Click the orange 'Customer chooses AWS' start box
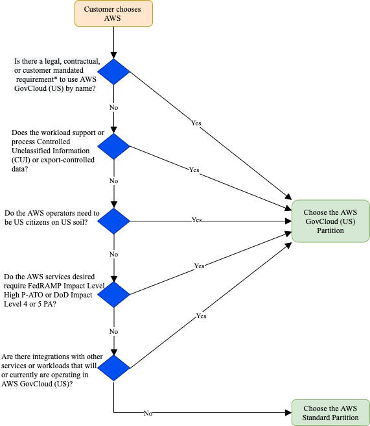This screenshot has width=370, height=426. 113,13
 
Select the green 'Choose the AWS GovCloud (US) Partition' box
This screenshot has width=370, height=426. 330,221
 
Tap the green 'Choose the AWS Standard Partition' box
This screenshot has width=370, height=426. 330,412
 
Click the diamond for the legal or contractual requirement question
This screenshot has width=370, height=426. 114,71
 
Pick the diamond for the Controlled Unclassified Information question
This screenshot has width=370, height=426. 114,147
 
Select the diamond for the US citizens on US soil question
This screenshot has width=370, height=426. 114,221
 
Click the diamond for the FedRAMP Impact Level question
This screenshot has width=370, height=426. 114,294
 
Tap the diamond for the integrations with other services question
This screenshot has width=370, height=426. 114,368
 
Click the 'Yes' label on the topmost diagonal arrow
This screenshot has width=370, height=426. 196,123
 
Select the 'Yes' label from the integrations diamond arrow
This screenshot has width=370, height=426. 201,316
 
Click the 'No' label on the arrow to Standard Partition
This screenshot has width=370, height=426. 148,413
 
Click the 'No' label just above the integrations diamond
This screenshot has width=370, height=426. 114,331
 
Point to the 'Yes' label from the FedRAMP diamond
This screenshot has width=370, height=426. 199,266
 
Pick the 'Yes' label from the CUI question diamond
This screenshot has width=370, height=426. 194,169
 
